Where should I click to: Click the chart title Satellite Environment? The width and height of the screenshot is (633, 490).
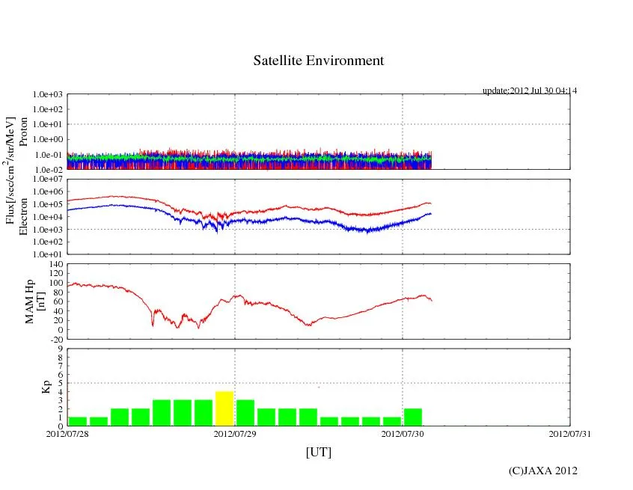coord(318,61)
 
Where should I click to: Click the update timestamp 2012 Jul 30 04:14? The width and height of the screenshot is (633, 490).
coord(530,91)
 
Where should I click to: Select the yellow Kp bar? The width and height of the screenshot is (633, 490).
coord(224,408)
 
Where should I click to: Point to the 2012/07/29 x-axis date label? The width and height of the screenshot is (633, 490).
coord(235,432)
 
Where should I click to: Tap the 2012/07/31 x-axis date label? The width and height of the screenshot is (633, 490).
coord(569,432)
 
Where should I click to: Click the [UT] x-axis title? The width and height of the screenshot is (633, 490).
coord(318,452)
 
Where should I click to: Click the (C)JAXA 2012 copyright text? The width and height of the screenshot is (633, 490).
coord(542,471)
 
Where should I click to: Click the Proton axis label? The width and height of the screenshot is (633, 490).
coord(23,132)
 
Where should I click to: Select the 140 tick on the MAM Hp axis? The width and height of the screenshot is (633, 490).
coord(54,265)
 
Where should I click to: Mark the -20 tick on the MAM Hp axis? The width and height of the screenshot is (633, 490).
coord(54,339)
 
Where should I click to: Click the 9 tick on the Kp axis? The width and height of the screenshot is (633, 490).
coord(60,349)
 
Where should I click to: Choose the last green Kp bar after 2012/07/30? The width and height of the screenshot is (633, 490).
coord(413,417)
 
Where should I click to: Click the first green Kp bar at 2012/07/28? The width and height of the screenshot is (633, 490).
coord(78,421)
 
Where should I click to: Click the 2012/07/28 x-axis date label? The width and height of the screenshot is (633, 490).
coord(67,432)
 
